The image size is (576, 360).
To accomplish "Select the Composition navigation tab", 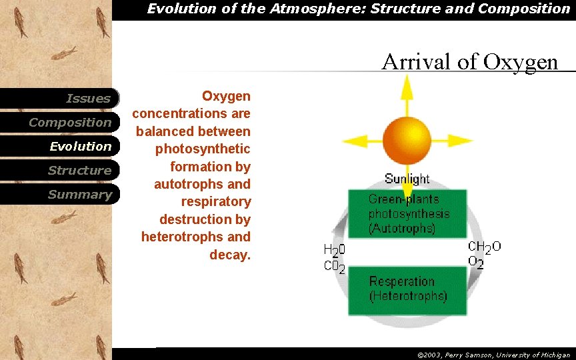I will pyautogui.click(x=70, y=123).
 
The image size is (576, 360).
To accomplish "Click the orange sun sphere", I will pyautogui.click(x=407, y=140).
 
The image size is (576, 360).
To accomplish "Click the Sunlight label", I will pyautogui.click(x=407, y=179).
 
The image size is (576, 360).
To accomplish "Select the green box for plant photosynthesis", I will pyautogui.click(x=407, y=213).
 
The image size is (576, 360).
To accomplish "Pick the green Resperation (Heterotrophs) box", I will pyautogui.click(x=407, y=290).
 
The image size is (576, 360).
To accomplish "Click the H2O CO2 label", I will pyautogui.click(x=334, y=259).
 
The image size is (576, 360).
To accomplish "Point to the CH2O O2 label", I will pyautogui.click(x=483, y=255).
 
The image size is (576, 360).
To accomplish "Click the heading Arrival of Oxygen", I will pyautogui.click(x=469, y=62).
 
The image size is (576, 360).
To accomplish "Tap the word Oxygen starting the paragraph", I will pyautogui.click(x=226, y=97).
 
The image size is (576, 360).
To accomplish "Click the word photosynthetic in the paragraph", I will pyautogui.click(x=203, y=149).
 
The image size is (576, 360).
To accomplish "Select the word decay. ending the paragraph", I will pyautogui.click(x=230, y=254).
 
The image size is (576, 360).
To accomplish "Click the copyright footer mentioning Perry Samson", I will pyautogui.click(x=493, y=355).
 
